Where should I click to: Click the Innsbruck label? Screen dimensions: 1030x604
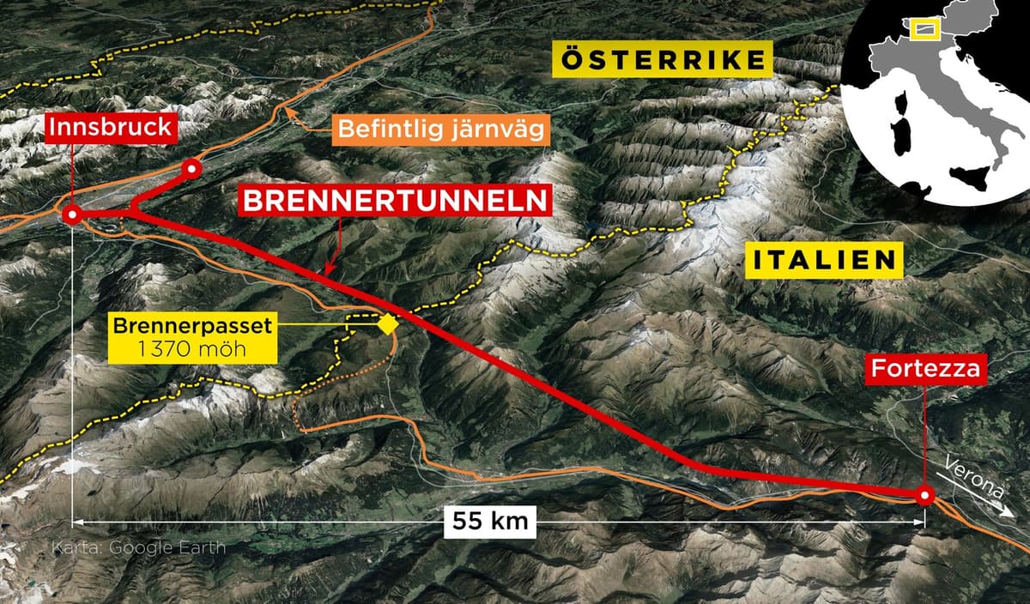pyautogui.click(x=113, y=129)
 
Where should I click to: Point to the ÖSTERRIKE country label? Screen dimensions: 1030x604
pyautogui.click(x=663, y=60)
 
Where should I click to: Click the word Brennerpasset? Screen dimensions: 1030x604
pyautogui.click(x=193, y=326)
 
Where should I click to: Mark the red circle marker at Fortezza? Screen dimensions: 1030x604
pyautogui.click(x=924, y=496)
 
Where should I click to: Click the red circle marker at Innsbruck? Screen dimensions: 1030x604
pyautogui.click(x=73, y=214)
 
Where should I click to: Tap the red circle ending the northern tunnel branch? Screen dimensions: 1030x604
pyautogui.click(x=192, y=169)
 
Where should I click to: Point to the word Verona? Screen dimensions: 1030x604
pyautogui.click(x=973, y=476)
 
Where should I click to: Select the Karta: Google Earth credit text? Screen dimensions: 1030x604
pyautogui.click(x=139, y=547)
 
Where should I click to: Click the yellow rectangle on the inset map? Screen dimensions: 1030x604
pyautogui.click(x=924, y=30)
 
